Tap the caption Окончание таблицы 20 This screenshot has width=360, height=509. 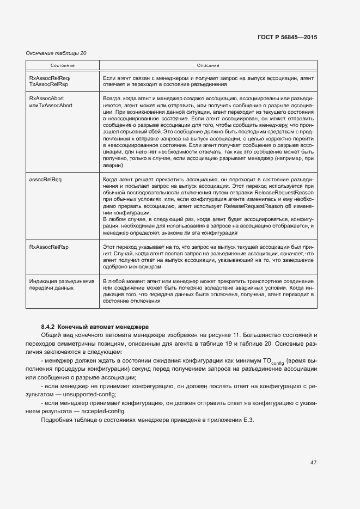coord(56,53)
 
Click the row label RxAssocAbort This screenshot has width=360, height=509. coord(46,98)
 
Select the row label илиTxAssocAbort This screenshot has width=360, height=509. coord(51,105)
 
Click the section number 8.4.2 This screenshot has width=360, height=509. coord(48,326)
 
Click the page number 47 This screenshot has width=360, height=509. coord(313,463)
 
